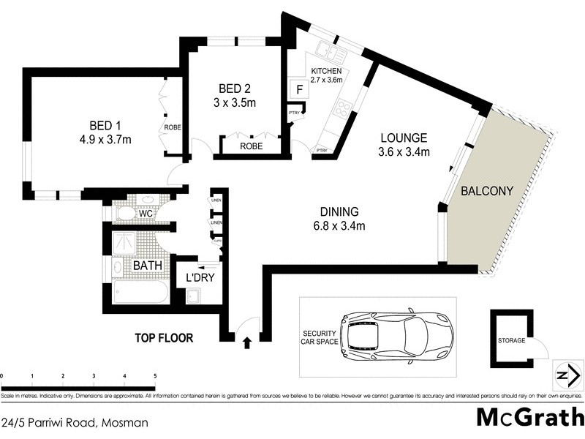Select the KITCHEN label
325,71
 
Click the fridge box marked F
298,90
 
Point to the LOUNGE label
402,138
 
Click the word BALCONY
487,191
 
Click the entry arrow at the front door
246,340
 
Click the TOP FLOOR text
163,338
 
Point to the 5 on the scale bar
154,376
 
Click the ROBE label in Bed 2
252,147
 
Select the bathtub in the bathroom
140,291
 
